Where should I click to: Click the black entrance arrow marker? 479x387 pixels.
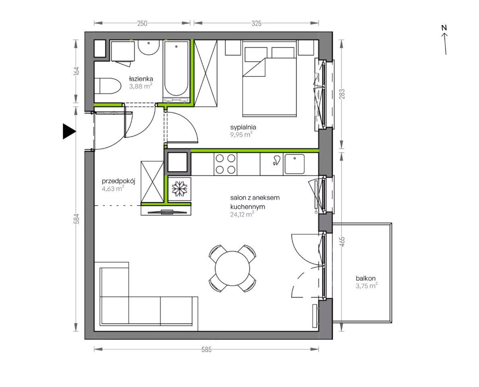69,131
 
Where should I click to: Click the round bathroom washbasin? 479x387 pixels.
149,48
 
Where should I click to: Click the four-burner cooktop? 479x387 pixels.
226,164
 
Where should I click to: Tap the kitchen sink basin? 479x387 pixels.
294,164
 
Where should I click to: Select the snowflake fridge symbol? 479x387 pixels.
179,189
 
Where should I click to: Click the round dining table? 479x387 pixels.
232,268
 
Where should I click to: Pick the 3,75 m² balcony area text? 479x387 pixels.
366,286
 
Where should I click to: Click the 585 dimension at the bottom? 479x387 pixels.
207,350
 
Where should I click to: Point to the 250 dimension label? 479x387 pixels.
142,23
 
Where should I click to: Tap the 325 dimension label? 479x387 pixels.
256,23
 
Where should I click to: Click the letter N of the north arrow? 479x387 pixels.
444,27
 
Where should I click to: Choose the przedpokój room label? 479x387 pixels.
118,181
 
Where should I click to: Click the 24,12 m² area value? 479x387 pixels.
242,214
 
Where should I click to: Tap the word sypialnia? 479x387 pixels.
243,127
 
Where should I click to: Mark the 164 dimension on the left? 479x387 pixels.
77,71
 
